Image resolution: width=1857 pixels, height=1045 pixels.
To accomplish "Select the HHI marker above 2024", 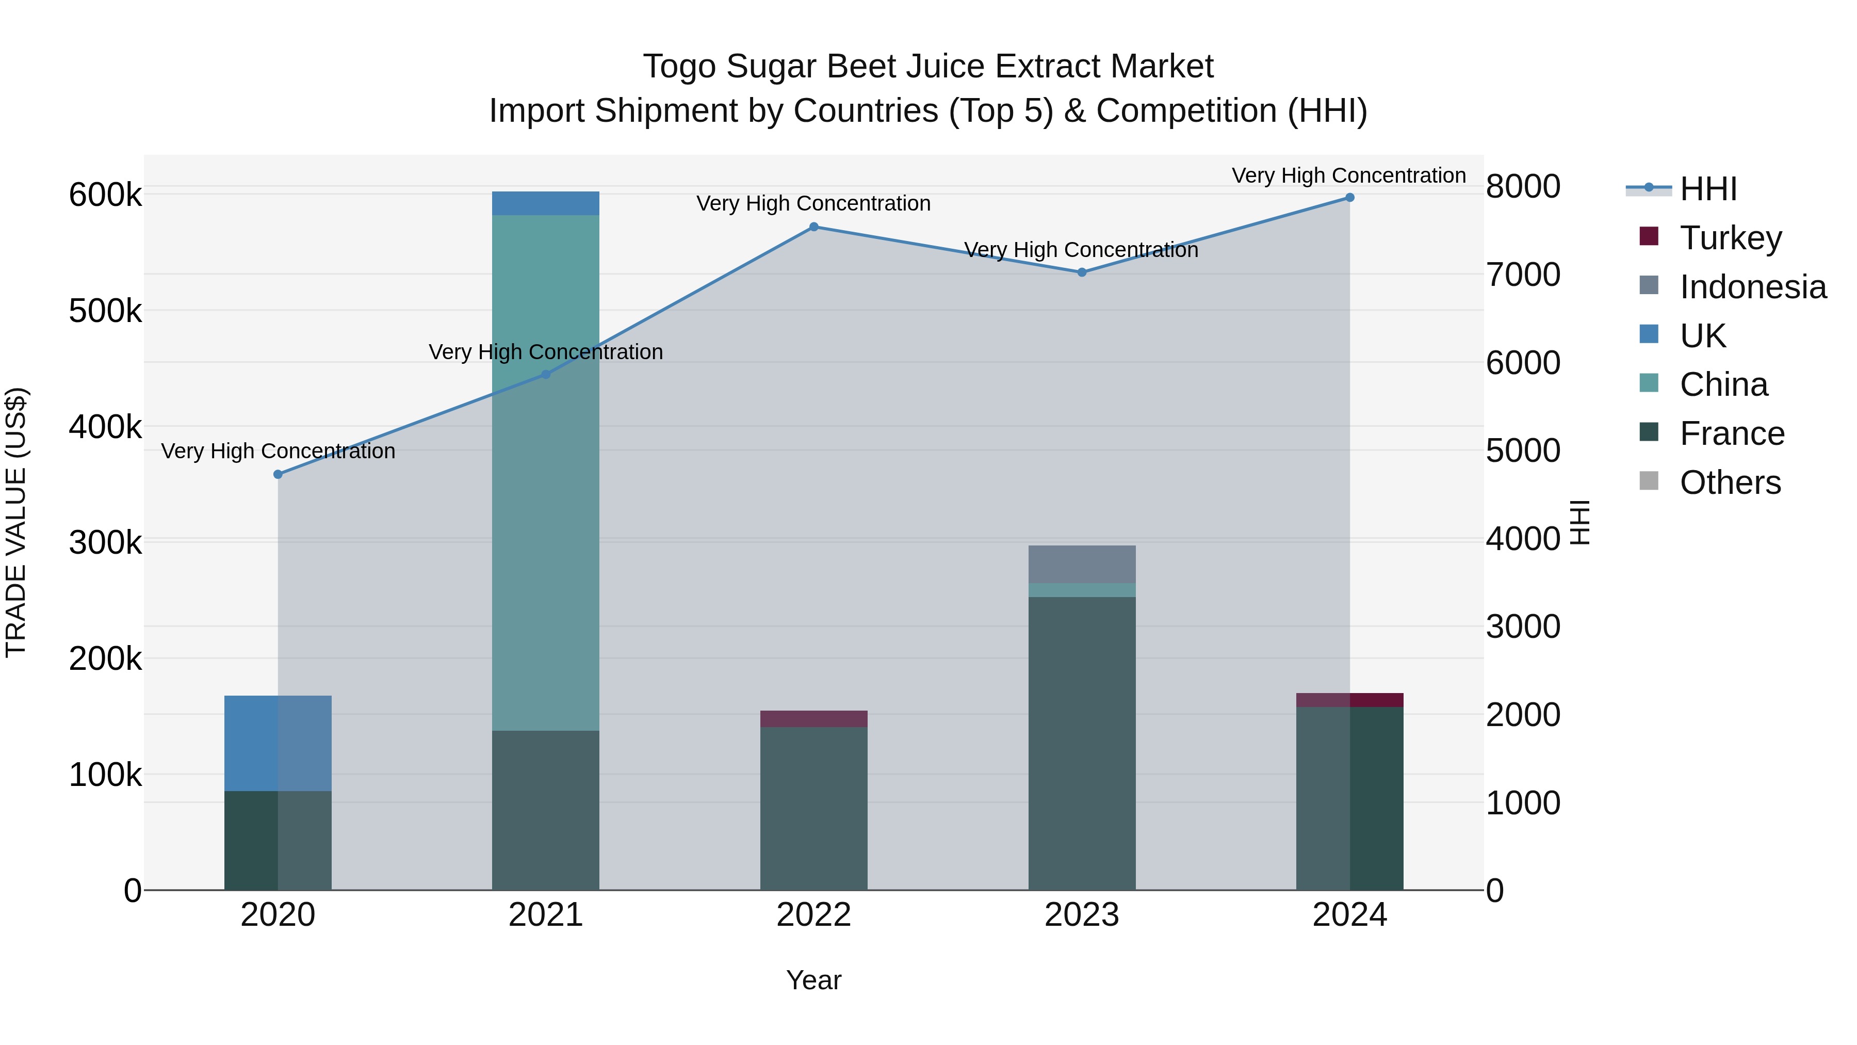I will (1349, 198).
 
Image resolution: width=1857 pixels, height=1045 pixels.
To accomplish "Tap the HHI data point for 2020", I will (278, 475).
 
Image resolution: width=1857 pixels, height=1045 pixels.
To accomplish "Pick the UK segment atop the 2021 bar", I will (545, 203).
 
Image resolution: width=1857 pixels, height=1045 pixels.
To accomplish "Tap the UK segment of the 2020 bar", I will (278, 743).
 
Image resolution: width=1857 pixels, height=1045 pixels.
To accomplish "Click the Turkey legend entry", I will (1730, 238).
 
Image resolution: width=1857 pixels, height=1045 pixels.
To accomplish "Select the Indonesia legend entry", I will (1752, 287).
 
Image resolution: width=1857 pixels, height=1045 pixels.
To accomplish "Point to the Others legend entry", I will (1730, 483).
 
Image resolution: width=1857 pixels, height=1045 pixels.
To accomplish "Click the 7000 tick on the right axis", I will (1523, 275).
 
